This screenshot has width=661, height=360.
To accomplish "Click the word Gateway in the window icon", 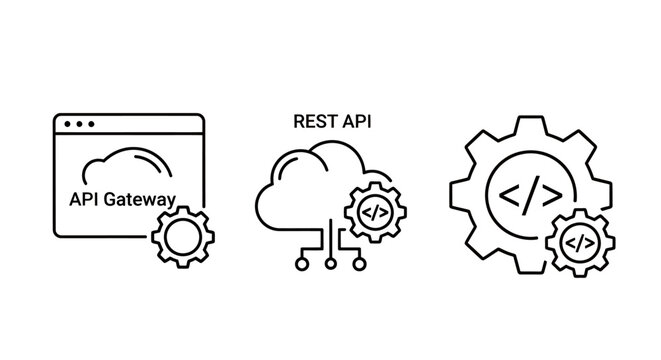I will [143, 200].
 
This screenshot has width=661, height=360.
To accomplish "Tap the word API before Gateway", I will [83, 200].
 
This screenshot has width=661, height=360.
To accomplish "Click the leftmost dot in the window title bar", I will [66, 126].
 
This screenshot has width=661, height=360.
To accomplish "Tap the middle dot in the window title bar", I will [78, 126].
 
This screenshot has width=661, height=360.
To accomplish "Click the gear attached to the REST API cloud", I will [372, 212].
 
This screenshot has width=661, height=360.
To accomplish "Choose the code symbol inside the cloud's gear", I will [372, 212].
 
